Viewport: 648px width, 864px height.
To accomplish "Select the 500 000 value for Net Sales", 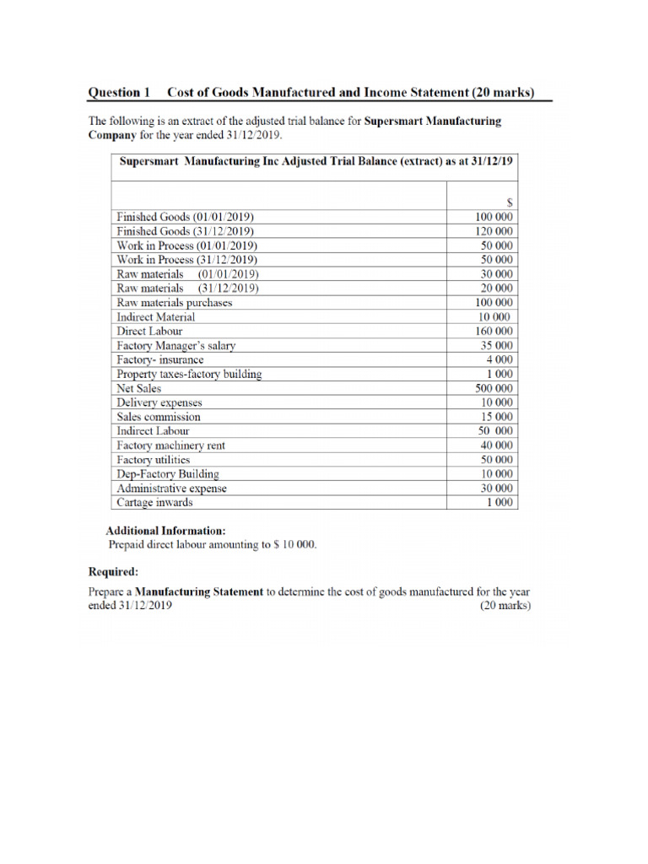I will click(495, 388).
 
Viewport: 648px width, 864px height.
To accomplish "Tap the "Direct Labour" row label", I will click(149, 332).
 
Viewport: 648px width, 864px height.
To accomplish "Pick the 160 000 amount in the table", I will click(495, 332).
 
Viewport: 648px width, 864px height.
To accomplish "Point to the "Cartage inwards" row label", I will click(154, 503).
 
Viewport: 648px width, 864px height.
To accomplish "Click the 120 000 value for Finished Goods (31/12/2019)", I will click(495, 231).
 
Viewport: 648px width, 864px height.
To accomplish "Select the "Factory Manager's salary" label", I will click(176, 346).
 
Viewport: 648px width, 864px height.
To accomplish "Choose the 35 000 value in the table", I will click(498, 346).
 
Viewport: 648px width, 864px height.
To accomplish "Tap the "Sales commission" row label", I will click(159, 417).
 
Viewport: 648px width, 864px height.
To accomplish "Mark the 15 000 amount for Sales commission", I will click(498, 417).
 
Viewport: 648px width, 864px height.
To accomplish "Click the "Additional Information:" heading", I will click(165, 531).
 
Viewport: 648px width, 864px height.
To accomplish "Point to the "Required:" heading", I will click(114, 571).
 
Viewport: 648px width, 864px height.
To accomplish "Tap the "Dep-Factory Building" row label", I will click(168, 474).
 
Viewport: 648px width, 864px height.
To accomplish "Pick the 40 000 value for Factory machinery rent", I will click(498, 445).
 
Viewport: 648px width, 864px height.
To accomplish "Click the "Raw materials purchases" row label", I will click(175, 303).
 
